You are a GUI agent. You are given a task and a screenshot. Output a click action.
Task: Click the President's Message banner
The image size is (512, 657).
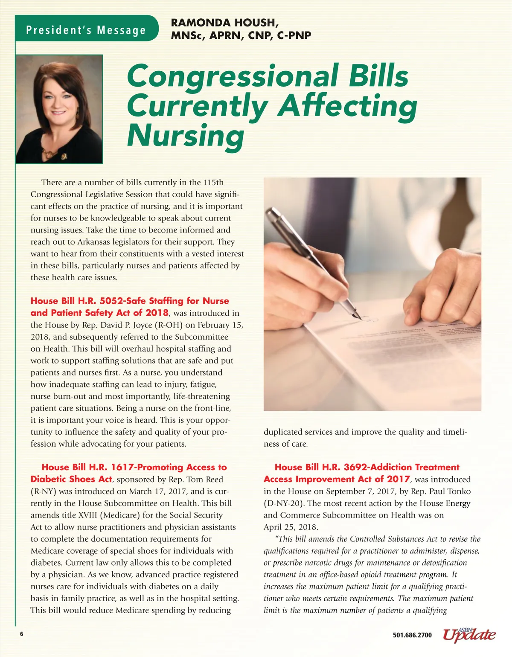[x=86, y=30]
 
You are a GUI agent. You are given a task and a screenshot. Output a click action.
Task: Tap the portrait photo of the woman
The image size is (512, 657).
[x=59, y=109]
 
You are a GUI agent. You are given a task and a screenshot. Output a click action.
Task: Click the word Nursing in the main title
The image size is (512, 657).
[x=186, y=135]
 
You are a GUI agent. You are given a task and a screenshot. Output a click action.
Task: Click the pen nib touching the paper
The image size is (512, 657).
[x=358, y=317]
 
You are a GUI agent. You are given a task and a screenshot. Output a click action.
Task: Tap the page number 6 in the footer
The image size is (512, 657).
[x=21, y=634]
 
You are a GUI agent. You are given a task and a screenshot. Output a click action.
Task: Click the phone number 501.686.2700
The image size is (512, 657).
[x=412, y=635]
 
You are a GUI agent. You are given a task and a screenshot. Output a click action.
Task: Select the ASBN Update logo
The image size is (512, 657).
[x=469, y=634]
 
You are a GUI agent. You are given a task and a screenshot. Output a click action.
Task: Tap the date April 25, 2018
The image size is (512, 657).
[x=291, y=527]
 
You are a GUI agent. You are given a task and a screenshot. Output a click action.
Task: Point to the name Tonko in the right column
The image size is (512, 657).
[x=459, y=491]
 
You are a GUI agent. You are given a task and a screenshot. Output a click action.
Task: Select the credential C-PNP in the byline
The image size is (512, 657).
[x=294, y=35]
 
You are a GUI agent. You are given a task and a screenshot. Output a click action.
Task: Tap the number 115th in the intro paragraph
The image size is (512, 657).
[x=213, y=182]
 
